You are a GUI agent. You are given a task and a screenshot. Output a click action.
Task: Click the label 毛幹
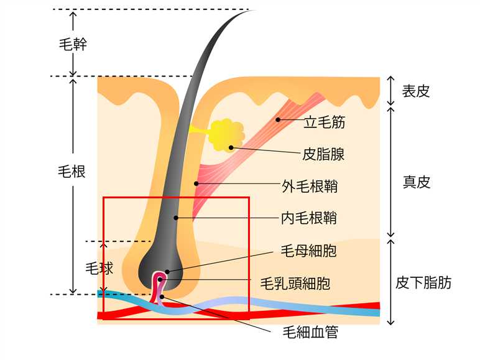pyautogui.click(x=72, y=44)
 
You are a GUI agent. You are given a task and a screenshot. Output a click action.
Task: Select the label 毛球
pyautogui.click(x=99, y=269)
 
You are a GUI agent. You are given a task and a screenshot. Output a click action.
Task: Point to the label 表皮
pyautogui.click(x=416, y=91)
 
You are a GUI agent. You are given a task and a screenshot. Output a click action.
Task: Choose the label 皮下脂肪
pyautogui.click(x=423, y=283)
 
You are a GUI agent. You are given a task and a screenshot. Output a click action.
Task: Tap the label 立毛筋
pyautogui.click(x=324, y=122)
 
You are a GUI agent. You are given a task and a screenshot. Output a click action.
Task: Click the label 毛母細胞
pyautogui.click(x=309, y=251)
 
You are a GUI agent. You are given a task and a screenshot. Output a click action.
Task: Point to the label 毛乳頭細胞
pyautogui.click(x=295, y=284)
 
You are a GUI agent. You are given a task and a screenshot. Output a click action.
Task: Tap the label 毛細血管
pyautogui.click(x=309, y=332)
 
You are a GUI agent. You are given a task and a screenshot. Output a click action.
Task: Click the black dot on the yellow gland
pyautogui.click(x=231, y=147)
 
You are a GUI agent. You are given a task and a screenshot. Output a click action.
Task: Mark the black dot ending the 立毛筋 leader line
pyautogui.click(x=278, y=119)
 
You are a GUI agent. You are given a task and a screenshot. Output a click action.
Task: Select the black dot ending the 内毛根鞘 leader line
pyautogui.click(x=177, y=218)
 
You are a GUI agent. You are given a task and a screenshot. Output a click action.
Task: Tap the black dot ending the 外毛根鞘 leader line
pyautogui.click(x=196, y=183)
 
